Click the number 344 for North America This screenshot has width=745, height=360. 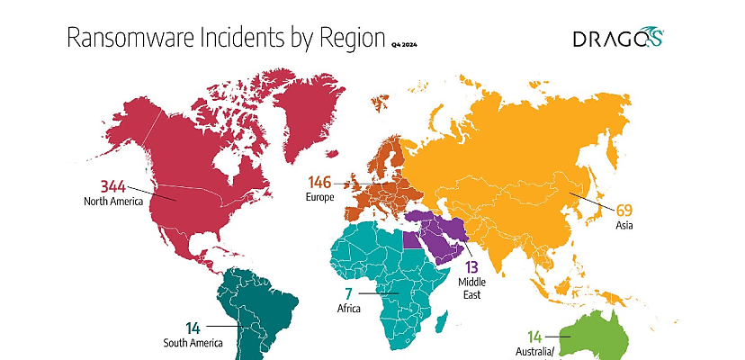point(113,186)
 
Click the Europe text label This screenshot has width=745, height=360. point(321,196)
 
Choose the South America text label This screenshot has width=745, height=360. point(193,343)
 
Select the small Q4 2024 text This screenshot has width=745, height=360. point(404,42)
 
